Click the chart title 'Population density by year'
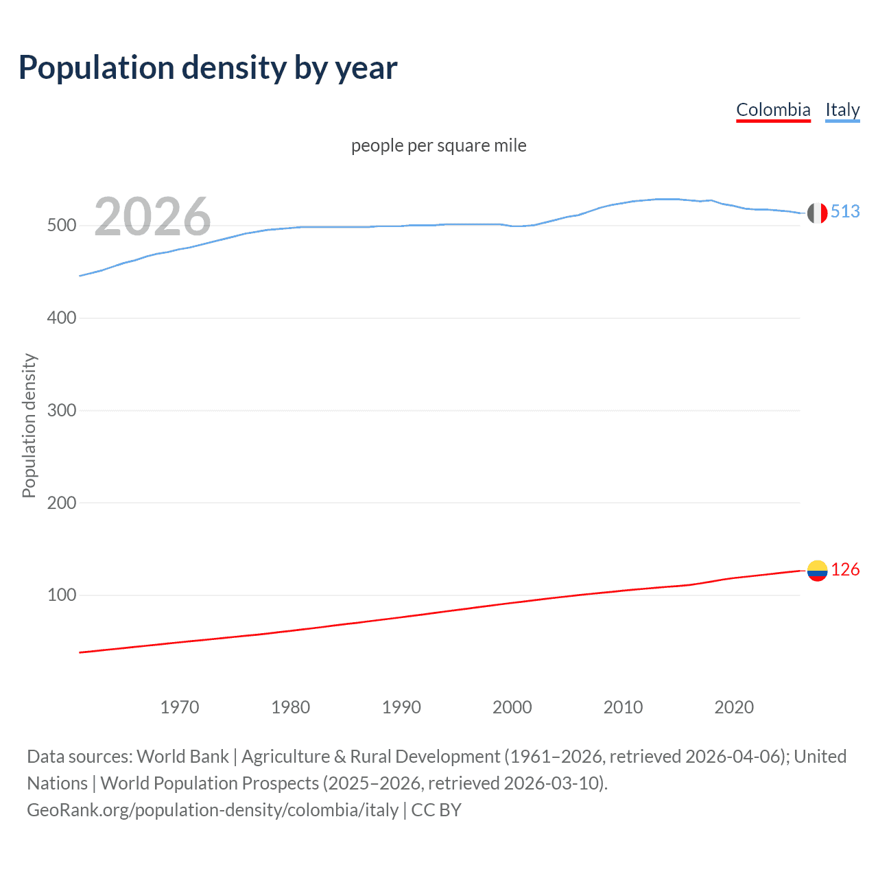click(x=208, y=67)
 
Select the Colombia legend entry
click(x=773, y=110)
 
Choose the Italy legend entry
click(x=842, y=110)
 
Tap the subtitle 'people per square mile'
click(x=439, y=145)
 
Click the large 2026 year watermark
click(x=152, y=217)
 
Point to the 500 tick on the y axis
click(x=62, y=226)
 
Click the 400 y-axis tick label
click(x=62, y=318)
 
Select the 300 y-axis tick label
click(x=62, y=410)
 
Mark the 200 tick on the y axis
click(x=62, y=503)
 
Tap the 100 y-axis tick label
click(x=62, y=595)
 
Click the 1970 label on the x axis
click(x=180, y=707)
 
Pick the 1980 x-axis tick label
click(x=291, y=707)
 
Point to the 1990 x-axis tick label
click(x=401, y=707)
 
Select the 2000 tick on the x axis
click(x=512, y=707)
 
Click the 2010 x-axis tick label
click(x=623, y=707)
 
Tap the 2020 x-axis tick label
click(x=734, y=707)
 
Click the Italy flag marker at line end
click(x=817, y=213)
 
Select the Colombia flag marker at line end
click(x=817, y=571)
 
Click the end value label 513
click(x=845, y=211)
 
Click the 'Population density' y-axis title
click(x=29, y=425)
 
